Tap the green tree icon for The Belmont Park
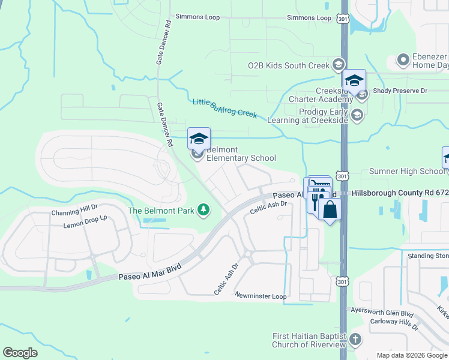pyautogui.click(x=205, y=209)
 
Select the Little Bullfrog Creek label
pyautogui.click(x=224, y=108)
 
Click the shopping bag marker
pyautogui.click(x=330, y=210)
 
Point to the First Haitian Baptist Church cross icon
pyautogui.click(x=355, y=340)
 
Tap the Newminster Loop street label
pyautogui.click(x=261, y=296)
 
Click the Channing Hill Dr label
pyautogui.click(x=73, y=212)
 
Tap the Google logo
pyautogui.click(x=20, y=353)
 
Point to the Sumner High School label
pyautogui.click(x=406, y=172)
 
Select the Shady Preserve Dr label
pyautogui.click(x=400, y=91)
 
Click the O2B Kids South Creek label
pyautogui.click(x=289, y=65)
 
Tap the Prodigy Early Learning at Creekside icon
pyautogui.click(x=357, y=115)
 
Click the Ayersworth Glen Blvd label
pyautogui.click(x=382, y=314)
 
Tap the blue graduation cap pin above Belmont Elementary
pyautogui.click(x=199, y=139)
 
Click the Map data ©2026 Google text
pyautogui.click(x=412, y=355)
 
